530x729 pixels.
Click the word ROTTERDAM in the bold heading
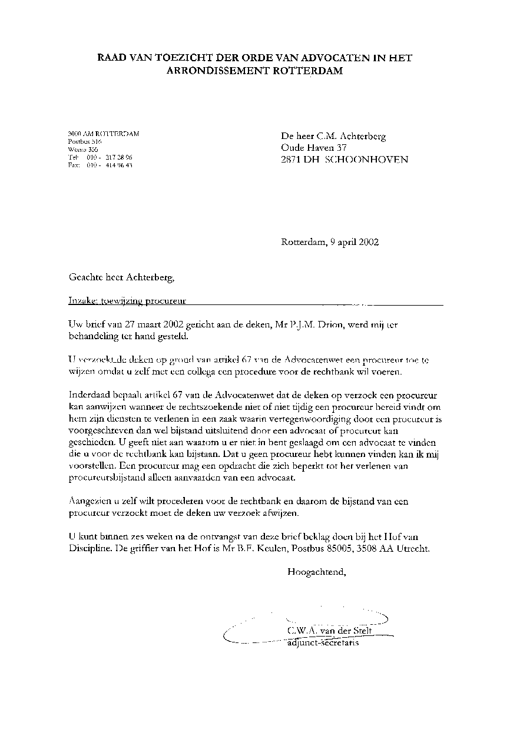[x=309, y=71]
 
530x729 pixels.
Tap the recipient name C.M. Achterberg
[x=352, y=137]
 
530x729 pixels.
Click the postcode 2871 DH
[x=301, y=160]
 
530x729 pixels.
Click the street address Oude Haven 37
[x=314, y=148]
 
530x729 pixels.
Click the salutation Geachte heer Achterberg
[x=122, y=277]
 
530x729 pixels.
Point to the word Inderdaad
[x=90, y=395]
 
